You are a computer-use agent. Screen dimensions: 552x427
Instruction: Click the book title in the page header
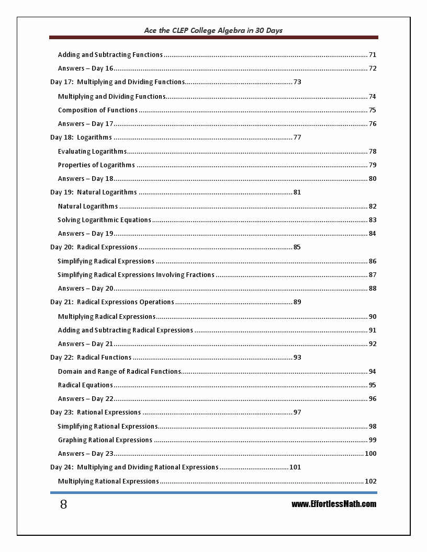(x=213, y=30)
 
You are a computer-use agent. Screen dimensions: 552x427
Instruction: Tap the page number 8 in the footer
(x=63, y=504)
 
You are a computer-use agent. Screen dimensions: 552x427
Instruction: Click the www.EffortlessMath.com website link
(x=334, y=504)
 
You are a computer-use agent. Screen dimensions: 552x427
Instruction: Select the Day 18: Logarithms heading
(x=81, y=137)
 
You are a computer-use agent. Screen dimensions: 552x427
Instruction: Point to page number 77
(x=297, y=137)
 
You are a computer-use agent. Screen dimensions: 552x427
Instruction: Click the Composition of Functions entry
(x=98, y=110)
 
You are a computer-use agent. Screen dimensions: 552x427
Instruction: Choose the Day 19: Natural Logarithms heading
(x=94, y=192)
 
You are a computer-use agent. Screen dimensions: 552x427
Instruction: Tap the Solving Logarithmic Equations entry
(x=105, y=220)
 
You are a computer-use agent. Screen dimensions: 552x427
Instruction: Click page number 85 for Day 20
(x=297, y=247)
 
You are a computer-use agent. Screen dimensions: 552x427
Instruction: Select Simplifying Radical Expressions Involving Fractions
(x=136, y=274)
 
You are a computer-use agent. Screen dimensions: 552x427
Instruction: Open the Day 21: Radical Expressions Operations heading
(x=112, y=302)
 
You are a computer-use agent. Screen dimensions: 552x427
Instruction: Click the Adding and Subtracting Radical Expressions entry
(x=126, y=330)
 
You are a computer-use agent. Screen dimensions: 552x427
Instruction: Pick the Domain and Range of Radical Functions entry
(x=119, y=371)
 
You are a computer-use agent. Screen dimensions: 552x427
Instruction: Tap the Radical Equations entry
(x=85, y=385)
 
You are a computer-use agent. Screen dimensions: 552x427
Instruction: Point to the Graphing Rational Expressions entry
(x=105, y=440)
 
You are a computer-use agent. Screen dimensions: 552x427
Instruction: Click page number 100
(x=370, y=453)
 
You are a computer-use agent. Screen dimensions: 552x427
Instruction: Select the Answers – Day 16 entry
(x=86, y=68)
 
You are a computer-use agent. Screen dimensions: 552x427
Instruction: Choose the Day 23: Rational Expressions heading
(x=96, y=412)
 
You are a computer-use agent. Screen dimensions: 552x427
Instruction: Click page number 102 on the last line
(x=370, y=481)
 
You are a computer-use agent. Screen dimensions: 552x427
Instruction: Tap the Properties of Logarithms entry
(x=96, y=165)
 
